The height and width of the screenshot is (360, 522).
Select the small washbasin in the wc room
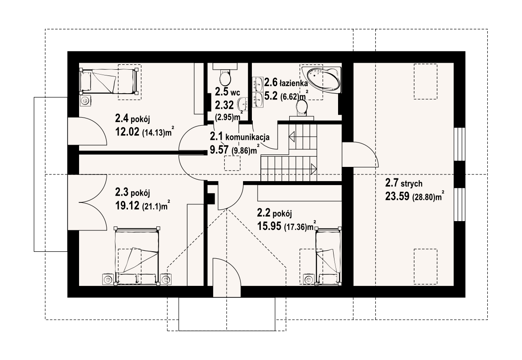pyautogui.click(x=243, y=104)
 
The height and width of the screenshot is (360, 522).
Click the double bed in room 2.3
pyautogui.click(x=136, y=256)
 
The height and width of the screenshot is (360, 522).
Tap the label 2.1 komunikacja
pyautogui.click(x=240, y=136)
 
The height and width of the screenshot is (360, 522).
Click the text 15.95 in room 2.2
pyautogui.click(x=269, y=226)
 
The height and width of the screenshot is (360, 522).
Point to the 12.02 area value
pyautogui.click(x=127, y=132)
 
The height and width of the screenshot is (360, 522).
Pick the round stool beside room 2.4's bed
pyautogui.click(x=86, y=100)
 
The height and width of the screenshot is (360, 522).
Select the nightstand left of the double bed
pyautogui.click(x=108, y=280)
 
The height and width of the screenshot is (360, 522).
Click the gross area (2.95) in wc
pyautogui.click(x=225, y=117)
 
